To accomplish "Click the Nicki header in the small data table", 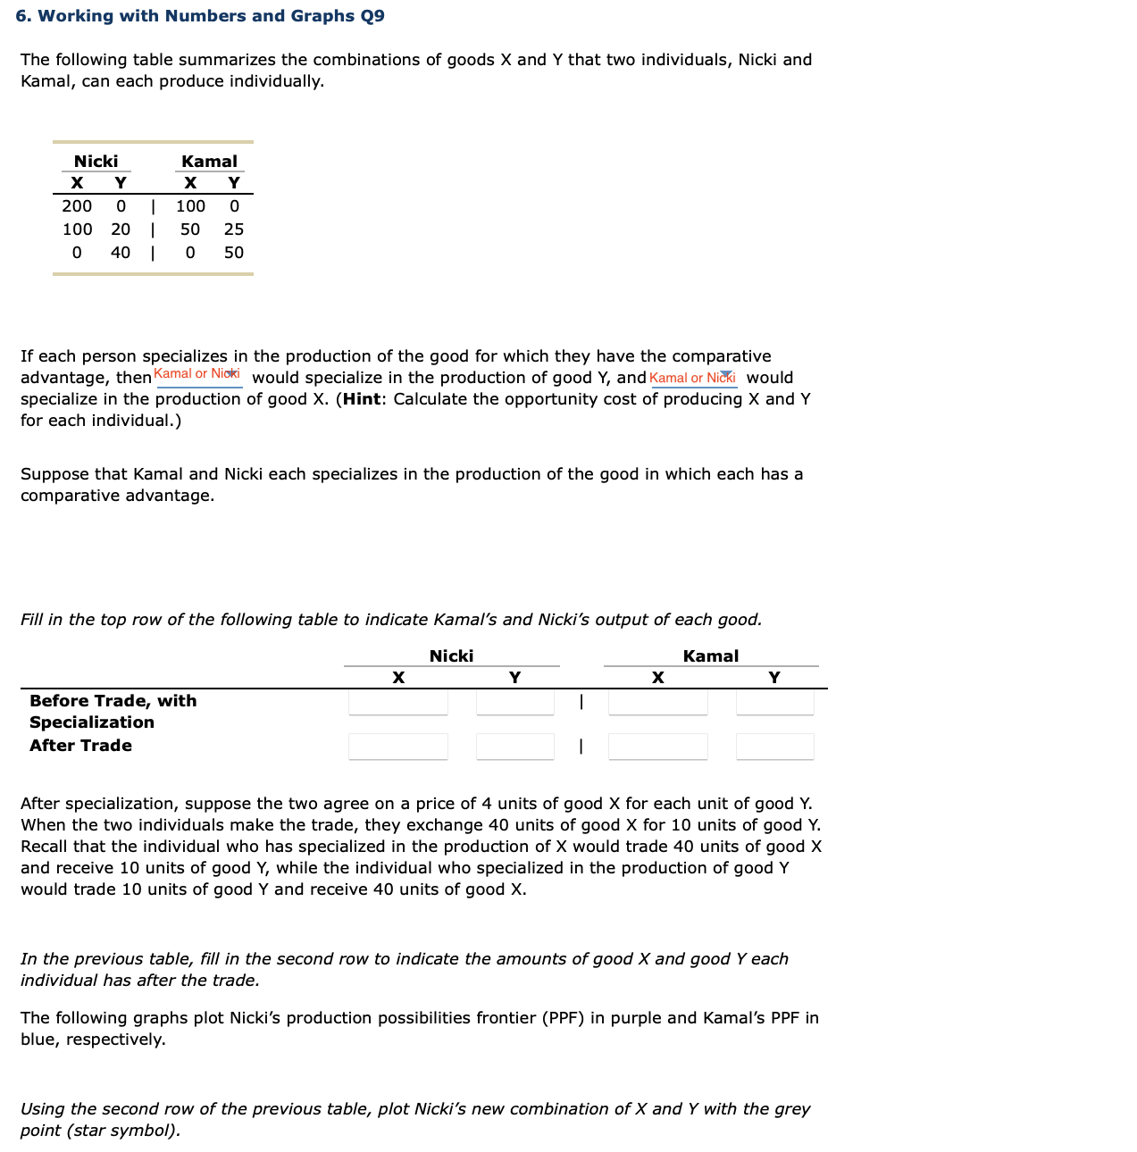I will point(96,161).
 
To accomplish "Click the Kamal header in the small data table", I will point(209,161).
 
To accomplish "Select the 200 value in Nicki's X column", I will point(77,206).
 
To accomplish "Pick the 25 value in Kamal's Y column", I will point(234,230).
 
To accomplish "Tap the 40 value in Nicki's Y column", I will point(121,253).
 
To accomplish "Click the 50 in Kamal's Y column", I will point(234,253).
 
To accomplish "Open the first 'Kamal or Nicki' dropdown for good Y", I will point(198,374).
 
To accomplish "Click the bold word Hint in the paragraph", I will point(362,399).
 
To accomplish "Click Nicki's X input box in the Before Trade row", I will point(398,702).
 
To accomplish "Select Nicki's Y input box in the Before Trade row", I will point(515,702).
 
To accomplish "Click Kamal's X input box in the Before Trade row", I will point(658,702).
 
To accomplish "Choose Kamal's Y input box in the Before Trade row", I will point(774,702).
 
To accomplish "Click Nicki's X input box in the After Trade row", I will point(398,747).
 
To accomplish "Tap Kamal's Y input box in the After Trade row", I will point(774,747).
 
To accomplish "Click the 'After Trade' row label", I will point(80,746).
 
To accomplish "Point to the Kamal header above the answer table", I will point(710,656).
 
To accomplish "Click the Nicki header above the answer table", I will point(451,656).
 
